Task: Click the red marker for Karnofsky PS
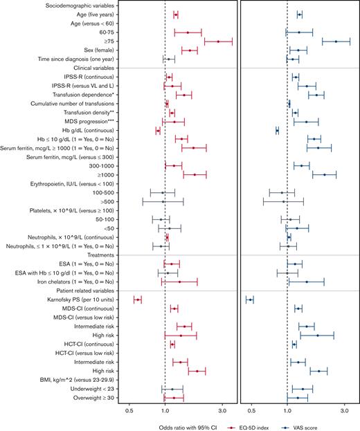pos(138,299)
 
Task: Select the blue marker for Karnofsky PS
pos(250,299)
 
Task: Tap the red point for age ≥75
pos(218,42)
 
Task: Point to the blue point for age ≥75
pos(336,42)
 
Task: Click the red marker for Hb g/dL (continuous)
pos(158,130)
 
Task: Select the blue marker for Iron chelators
pos(307,282)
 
